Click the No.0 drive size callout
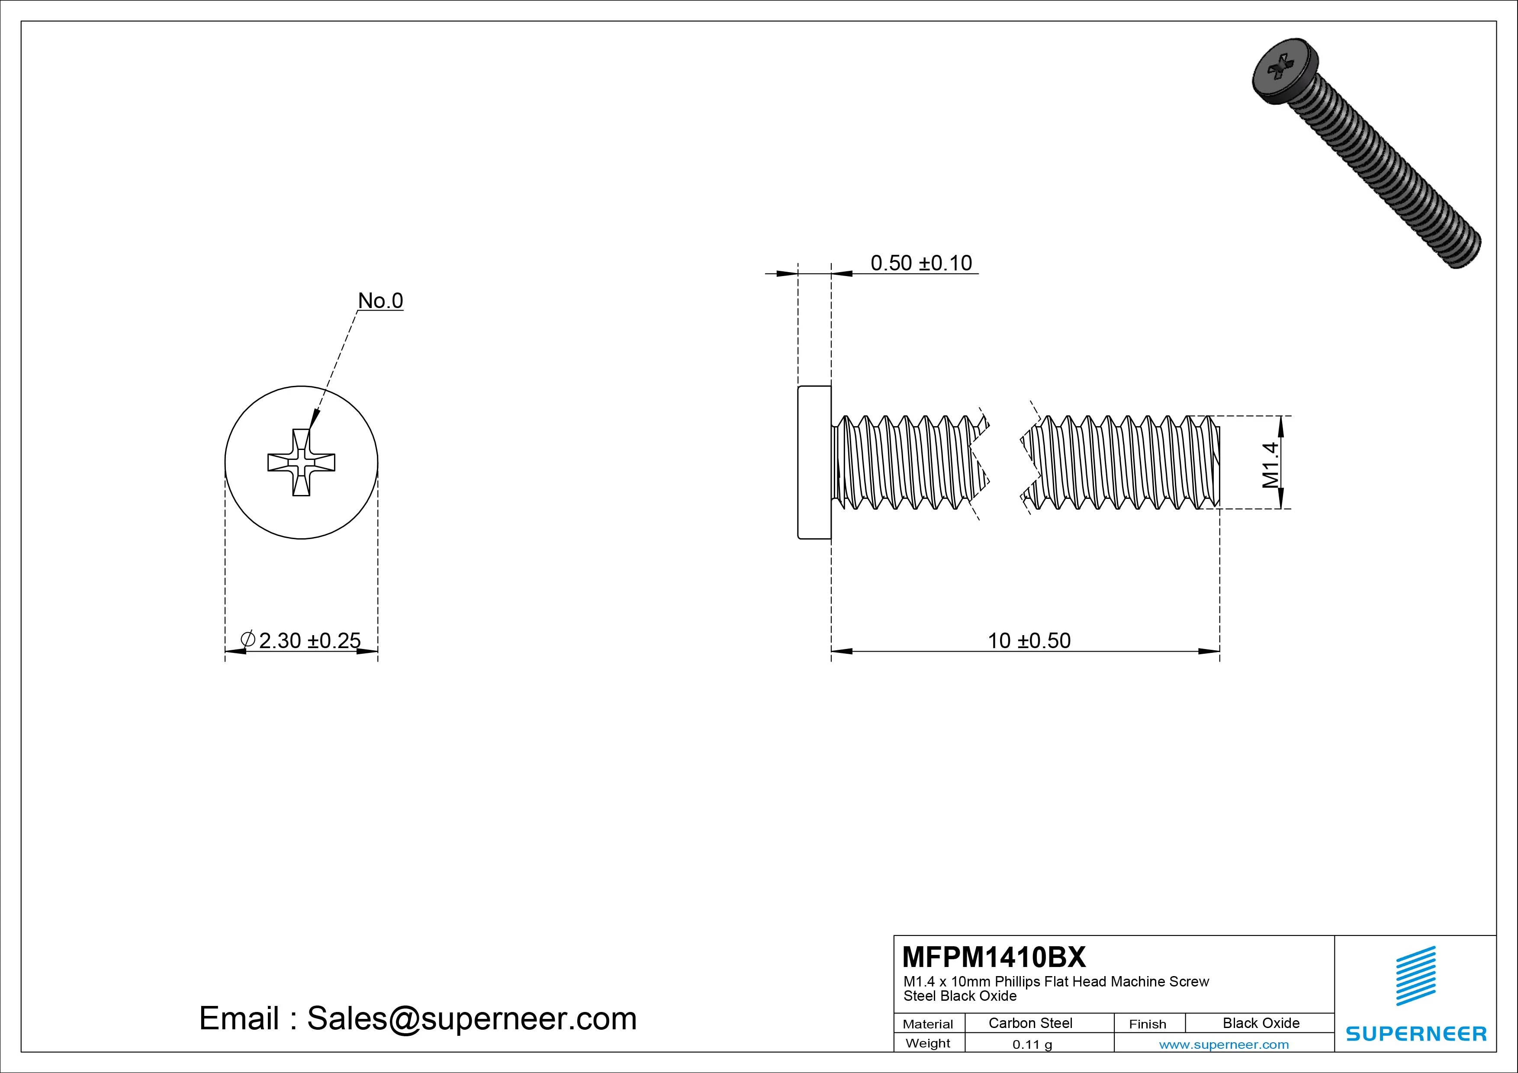(x=380, y=301)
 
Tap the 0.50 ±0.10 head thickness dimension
(x=920, y=263)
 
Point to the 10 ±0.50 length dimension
(x=1029, y=640)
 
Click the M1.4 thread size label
(x=1270, y=464)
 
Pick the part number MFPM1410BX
(x=994, y=957)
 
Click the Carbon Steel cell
(x=1030, y=1023)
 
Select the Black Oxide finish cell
(x=1261, y=1023)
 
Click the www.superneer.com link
(x=1224, y=1044)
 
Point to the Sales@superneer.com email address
(x=471, y=1018)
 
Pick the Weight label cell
(x=928, y=1043)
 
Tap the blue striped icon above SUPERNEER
(x=1415, y=975)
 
